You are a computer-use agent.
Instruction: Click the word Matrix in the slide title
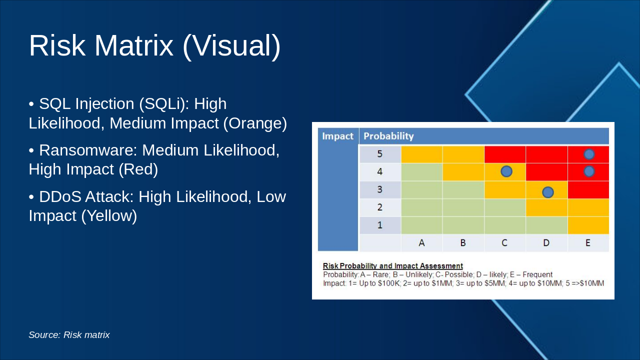(133, 45)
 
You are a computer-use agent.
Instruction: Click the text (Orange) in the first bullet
(255, 123)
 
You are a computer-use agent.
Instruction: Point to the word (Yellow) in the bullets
(109, 215)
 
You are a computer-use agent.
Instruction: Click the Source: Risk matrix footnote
(69, 335)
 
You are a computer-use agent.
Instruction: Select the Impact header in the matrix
(337, 136)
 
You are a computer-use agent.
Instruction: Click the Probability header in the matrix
(388, 136)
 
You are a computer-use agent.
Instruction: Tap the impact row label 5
(379, 154)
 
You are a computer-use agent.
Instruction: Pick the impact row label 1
(379, 225)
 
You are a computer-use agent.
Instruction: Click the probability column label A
(421, 243)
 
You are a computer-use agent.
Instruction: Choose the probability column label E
(587, 243)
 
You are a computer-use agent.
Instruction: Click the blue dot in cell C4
(506, 171)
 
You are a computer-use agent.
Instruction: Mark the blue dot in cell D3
(547, 192)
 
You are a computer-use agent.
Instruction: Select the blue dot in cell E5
(589, 154)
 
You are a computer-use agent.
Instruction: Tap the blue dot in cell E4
(589, 171)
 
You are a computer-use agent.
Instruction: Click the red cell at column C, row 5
(505, 154)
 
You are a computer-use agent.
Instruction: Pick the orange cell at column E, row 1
(588, 225)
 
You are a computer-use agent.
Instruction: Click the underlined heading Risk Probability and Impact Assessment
(393, 265)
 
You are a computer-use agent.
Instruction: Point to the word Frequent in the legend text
(537, 274)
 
